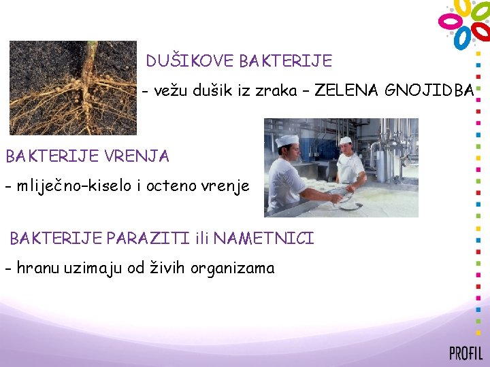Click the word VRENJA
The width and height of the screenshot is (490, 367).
pyautogui.click(x=137, y=156)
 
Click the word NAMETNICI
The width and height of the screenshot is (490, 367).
pyautogui.click(x=264, y=239)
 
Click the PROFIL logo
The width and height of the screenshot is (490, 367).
pyautogui.click(x=465, y=353)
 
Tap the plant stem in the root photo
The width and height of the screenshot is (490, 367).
pyautogui.click(x=89, y=61)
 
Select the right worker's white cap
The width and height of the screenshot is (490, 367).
pyautogui.click(x=346, y=140)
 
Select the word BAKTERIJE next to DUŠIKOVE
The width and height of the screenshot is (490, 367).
pyautogui.click(x=286, y=61)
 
